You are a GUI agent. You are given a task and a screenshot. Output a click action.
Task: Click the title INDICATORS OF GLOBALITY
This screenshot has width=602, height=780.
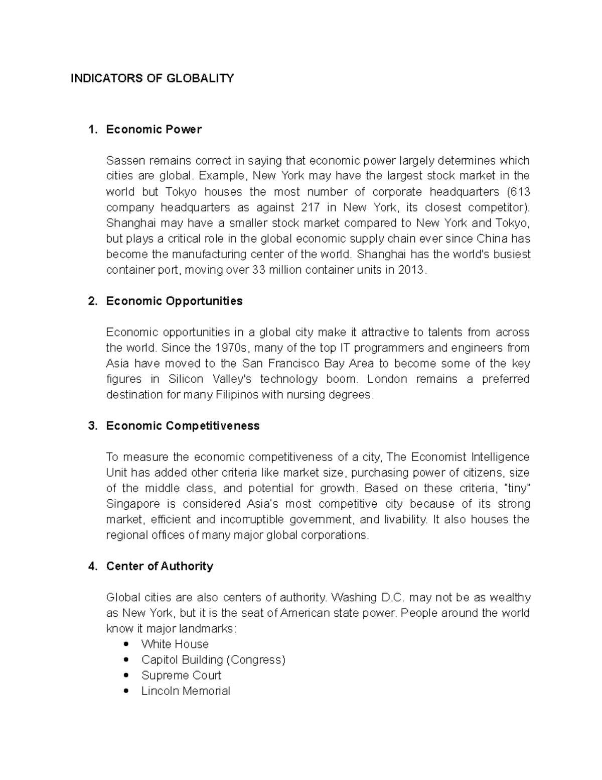(152, 78)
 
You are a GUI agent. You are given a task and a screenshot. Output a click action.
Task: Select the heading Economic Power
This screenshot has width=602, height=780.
(154, 130)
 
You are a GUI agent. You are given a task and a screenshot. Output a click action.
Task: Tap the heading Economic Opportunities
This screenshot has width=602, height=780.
(174, 301)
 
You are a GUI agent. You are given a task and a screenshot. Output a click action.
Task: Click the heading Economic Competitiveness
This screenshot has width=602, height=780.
(183, 426)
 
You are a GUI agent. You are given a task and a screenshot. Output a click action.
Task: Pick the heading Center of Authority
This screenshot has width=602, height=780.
(160, 566)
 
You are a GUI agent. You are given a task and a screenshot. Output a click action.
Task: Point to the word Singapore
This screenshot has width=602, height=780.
(133, 504)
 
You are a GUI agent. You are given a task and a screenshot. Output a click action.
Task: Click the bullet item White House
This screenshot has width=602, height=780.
(175, 644)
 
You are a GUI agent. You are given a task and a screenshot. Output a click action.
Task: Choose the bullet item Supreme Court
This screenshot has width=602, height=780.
(181, 675)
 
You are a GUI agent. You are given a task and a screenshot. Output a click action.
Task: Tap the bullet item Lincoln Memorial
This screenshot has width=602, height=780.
(186, 691)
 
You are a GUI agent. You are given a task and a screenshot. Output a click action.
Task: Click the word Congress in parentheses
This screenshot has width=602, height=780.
(256, 659)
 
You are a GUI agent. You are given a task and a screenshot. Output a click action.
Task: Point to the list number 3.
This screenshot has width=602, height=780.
(92, 426)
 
